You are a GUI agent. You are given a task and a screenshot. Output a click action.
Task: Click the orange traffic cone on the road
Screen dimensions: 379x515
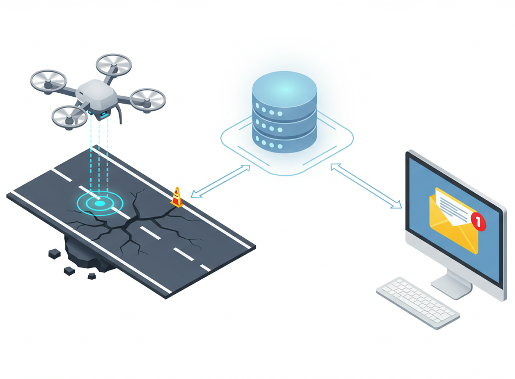(177, 197)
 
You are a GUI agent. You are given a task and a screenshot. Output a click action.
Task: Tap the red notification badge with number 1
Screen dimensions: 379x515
(478, 221)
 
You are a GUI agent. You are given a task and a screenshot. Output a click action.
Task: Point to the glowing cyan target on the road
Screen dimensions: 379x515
(100, 203)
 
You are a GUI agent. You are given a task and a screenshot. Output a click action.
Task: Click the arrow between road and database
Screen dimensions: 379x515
(220, 181)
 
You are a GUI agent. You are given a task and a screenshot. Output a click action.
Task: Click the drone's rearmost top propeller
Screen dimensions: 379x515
(114, 65)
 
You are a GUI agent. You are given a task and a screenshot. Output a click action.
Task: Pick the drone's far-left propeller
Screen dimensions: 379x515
(48, 81)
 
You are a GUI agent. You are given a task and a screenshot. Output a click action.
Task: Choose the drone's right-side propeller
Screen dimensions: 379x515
(148, 99)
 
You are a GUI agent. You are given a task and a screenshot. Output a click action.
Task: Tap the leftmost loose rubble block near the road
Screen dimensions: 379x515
(54, 253)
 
